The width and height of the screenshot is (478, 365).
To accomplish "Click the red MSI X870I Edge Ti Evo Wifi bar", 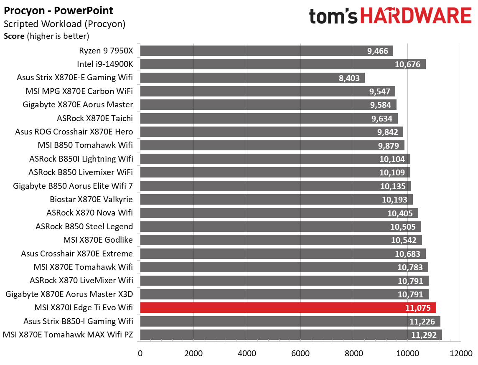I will click(288, 308).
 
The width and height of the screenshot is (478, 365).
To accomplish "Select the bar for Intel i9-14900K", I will click(282, 64).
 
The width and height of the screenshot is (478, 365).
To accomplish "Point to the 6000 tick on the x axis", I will click(300, 353).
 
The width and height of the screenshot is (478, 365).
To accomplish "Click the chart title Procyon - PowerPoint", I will click(58, 10).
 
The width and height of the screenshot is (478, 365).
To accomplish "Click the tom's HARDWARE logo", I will click(390, 17).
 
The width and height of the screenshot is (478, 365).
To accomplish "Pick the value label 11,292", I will click(424, 335).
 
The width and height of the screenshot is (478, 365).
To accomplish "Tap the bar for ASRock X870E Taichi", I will click(269, 119).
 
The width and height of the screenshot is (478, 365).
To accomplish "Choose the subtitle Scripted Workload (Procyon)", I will click(64, 24).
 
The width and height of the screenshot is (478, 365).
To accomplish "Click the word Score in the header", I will click(14, 36).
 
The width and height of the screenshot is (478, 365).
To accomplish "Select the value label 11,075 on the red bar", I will click(418, 308).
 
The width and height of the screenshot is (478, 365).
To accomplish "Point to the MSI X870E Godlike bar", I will click(281, 240).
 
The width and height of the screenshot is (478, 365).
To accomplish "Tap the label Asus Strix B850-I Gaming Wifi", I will click(78, 321).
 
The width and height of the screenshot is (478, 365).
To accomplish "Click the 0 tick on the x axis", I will click(140, 353).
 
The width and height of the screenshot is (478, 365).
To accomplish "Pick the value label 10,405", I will click(400, 213).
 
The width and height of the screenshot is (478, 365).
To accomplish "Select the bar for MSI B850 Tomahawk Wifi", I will click(272, 145).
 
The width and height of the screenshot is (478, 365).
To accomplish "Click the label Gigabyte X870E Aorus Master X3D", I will click(69, 294).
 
